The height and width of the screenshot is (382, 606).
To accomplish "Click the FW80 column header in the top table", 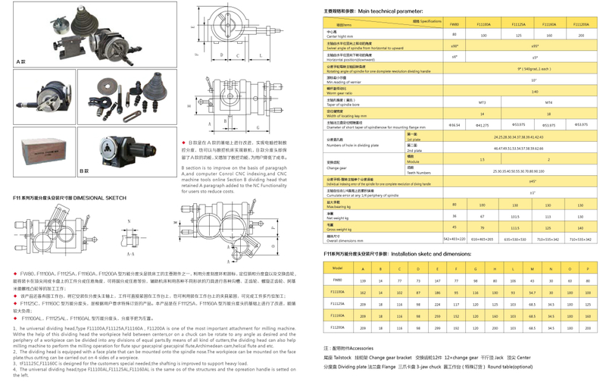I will (x=454, y=23).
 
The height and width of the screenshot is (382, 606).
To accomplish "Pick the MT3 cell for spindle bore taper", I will (x=483, y=101).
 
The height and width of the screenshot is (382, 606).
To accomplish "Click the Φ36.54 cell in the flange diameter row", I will (x=454, y=124).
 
